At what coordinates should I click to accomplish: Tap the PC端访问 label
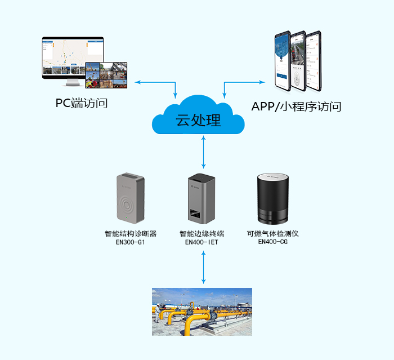coord(82,103)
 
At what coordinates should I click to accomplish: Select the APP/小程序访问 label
coord(296,106)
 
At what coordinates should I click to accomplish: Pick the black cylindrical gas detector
coord(272,198)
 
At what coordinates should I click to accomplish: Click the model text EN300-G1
coord(130,243)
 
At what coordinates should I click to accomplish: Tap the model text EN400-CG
coord(273,242)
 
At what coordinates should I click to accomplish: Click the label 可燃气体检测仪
coord(273,234)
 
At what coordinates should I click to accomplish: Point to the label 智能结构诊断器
coord(131,234)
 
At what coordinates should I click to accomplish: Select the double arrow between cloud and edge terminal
coord(204,153)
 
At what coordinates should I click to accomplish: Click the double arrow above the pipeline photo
coord(204,267)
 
